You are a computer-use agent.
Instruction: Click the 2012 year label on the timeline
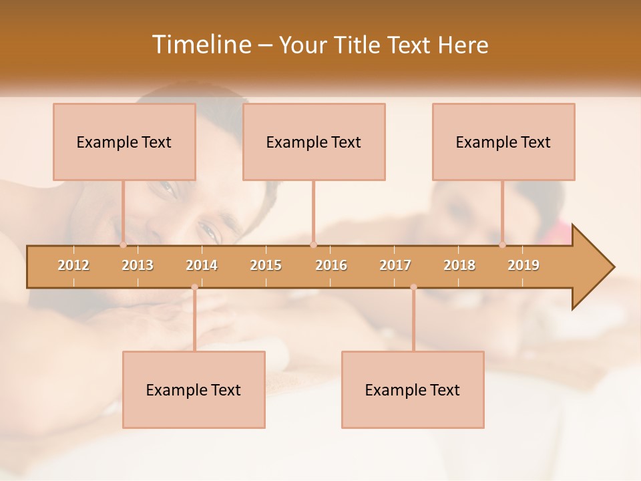tap(73, 265)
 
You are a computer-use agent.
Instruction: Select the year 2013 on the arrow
tap(138, 265)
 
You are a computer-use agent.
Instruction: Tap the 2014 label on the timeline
tap(202, 265)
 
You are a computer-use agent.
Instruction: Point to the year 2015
tap(266, 265)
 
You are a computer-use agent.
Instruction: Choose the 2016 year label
tap(331, 265)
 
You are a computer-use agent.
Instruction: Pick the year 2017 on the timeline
tap(395, 265)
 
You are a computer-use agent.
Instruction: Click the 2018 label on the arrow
tap(459, 265)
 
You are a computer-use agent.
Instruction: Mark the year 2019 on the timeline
tap(523, 265)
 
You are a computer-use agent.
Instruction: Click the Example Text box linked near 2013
tap(124, 142)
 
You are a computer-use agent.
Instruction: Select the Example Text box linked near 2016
tap(314, 142)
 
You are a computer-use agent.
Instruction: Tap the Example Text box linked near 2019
tap(503, 142)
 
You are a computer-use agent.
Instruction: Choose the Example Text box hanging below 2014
tap(194, 389)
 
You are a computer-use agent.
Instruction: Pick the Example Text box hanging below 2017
tap(413, 389)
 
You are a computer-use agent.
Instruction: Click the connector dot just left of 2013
tap(123, 245)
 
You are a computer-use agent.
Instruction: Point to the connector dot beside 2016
tap(313, 245)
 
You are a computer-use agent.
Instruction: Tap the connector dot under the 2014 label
tap(194, 287)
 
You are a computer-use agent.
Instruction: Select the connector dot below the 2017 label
tap(413, 287)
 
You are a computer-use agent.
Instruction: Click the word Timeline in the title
tap(200, 45)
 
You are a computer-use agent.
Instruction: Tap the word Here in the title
tap(463, 45)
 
